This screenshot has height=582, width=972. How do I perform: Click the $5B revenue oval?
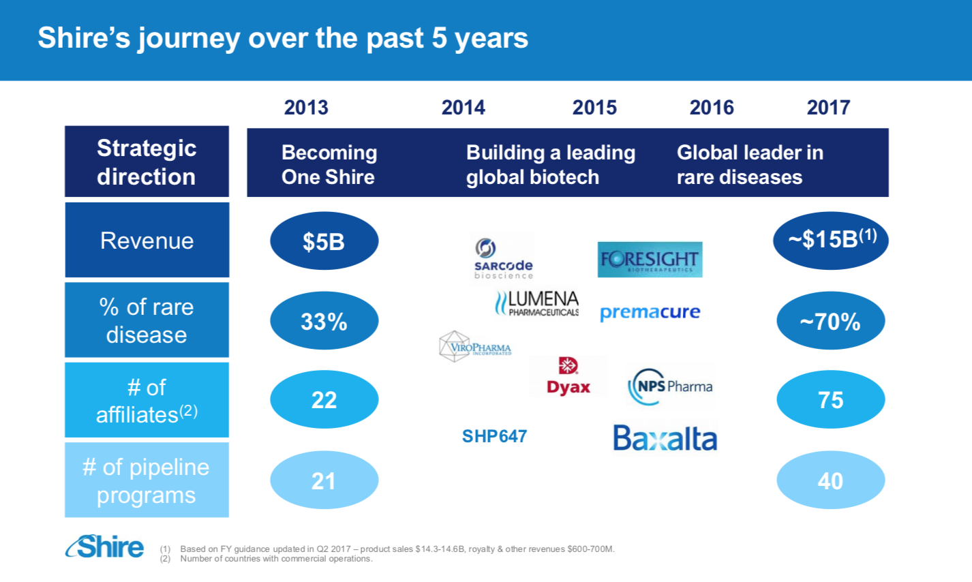tap(324, 241)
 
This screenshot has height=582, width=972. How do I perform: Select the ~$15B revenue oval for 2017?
tap(830, 240)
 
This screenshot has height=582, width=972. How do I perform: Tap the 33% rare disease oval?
tap(324, 321)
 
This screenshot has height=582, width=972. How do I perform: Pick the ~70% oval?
tap(830, 321)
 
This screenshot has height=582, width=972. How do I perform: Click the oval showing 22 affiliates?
tap(324, 400)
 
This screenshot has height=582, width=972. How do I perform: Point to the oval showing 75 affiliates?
tap(830, 400)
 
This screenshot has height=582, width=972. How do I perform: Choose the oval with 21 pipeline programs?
tap(324, 481)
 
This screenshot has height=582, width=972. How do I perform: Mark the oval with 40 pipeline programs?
tap(830, 481)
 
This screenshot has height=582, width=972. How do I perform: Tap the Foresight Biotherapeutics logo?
tap(650, 260)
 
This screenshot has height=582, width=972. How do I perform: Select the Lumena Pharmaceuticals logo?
tap(536, 303)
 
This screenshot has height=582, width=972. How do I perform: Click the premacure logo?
tap(650, 313)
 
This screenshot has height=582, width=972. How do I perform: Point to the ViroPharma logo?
tap(474, 347)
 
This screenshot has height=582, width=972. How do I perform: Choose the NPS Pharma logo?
tap(670, 386)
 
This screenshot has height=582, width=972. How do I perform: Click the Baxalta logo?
tap(665, 438)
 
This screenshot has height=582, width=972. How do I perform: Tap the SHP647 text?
tap(494, 436)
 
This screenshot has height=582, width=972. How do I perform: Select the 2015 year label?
tap(594, 108)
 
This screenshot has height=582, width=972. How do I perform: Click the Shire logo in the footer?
tap(105, 547)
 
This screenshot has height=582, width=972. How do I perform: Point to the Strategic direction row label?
tap(147, 162)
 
